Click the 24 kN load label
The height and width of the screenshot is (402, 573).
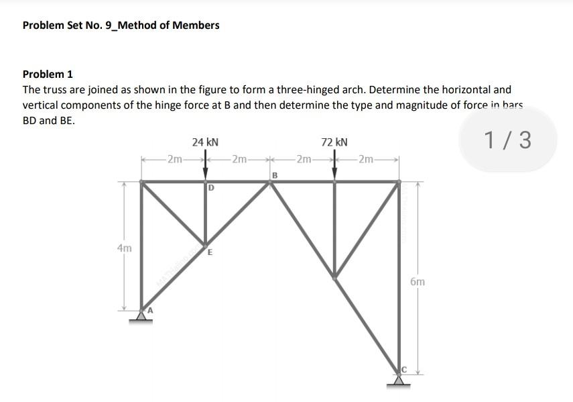tap(205, 142)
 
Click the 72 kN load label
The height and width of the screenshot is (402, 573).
tap(334, 142)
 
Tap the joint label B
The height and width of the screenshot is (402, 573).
tap(274, 175)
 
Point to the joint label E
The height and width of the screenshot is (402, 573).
tap(210, 253)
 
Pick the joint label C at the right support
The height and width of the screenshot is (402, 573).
tap(404, 370)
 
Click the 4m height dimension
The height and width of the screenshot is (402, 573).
tap(123, 248)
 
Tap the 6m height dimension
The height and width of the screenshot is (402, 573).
tap(417, 283)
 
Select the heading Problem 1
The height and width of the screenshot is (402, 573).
tap(48, 74)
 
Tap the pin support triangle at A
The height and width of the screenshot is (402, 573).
tap(141, 315)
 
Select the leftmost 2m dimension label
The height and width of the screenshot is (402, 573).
tap(174, 159)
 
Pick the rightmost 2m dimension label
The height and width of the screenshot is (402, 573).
tap(367, 159)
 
